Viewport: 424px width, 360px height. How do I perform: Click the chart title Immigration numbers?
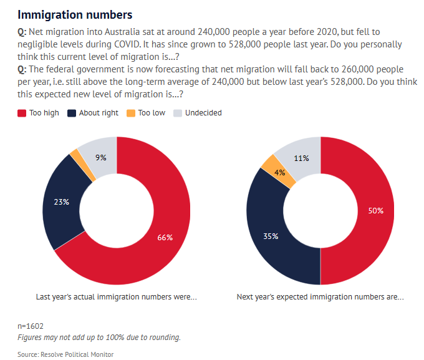[x=74, y=14]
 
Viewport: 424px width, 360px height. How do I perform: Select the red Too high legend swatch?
[x=22, y=113]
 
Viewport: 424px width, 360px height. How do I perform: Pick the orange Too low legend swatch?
[x=130, y=113]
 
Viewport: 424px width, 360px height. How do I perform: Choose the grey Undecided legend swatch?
[x=178, y=113]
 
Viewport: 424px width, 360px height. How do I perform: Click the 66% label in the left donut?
[x=165, y=237]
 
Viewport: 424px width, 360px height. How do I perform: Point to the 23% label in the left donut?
[x=61, y=202]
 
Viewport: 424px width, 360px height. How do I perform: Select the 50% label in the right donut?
[x=375, y=211]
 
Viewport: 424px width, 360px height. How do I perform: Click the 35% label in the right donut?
[x=270, y=237]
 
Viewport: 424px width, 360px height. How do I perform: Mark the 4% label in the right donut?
[x=280, y=172]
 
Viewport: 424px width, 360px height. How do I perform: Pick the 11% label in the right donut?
[x=302, y=158]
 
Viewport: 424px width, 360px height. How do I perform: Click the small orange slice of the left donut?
[x=75, y=154]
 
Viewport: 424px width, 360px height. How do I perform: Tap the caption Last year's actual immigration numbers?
[x=116, y=297]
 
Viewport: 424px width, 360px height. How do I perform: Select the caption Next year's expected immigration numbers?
[x=320, y=297]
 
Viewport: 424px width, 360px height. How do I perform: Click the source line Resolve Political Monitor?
[x=65, y=354]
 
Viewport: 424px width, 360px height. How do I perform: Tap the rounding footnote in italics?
[x=99, y=338]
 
